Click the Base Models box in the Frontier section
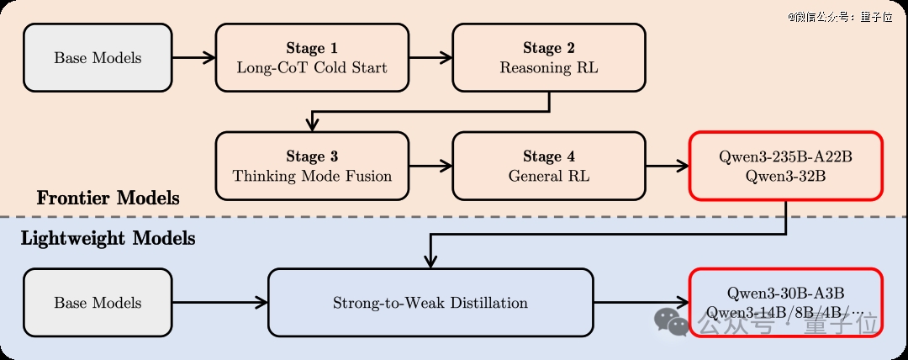coord(98,58)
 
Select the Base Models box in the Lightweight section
coord(98,303)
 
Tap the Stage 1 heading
coord(312,48)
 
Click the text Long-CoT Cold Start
coord(312,68)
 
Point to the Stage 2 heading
coord(549,48)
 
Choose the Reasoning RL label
coord(549,68)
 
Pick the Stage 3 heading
coord(312,156)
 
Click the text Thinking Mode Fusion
coord(312,177)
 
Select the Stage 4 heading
coord(549,156)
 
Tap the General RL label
coord(549,177)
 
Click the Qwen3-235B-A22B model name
coord(785,156)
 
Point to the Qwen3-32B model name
coord(785,177)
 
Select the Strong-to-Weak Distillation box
coord(430,303)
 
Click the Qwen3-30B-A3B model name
coord(785,293)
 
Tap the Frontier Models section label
coord(108,199)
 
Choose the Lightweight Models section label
coord(108,238)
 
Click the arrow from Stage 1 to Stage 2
coord(430,57)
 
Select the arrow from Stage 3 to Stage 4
coord(430,166)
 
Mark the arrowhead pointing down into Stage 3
coord(312,125)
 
